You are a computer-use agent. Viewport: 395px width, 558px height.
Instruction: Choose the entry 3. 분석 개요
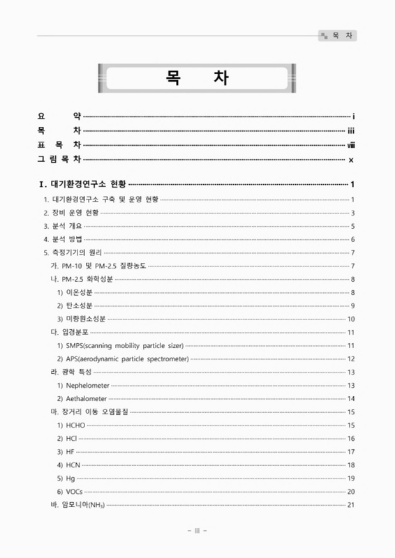point(64,226)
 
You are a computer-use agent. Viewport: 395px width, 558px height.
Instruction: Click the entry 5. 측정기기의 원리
point(72,252)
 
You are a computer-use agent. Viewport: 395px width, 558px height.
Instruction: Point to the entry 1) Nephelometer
point(83,385)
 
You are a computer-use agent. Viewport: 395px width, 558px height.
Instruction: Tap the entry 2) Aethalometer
point(83,398)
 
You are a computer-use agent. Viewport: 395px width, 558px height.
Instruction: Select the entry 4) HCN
point(69,465)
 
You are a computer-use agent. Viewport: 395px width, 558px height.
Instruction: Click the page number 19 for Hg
point(351,478)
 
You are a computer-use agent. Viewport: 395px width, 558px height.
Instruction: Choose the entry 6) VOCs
point(70,491)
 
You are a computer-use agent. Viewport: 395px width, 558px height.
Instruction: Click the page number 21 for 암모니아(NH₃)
point(351,504)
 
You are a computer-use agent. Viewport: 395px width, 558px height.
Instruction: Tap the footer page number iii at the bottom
point(197,531)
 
